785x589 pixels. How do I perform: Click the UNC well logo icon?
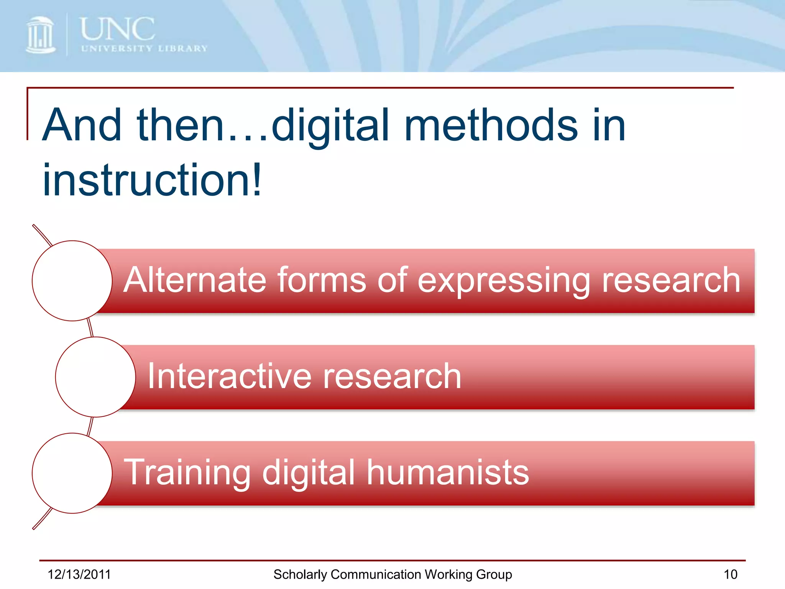point(41,35)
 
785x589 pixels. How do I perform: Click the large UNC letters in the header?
point(117,29)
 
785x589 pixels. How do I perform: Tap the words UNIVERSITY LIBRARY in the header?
point(144,49)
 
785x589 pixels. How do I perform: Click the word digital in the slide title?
point(330,125)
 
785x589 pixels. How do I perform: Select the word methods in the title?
point(491,125)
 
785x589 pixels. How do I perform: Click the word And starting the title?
point(82,125)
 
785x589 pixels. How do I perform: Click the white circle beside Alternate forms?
point(72,281)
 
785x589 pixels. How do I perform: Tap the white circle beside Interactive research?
point(95,377)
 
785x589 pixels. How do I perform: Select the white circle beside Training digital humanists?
point(72,473)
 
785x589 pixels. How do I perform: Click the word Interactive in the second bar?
point(230,376)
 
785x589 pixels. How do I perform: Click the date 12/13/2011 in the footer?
point(79,574)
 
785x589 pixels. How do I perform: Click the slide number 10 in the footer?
point(730,574)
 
